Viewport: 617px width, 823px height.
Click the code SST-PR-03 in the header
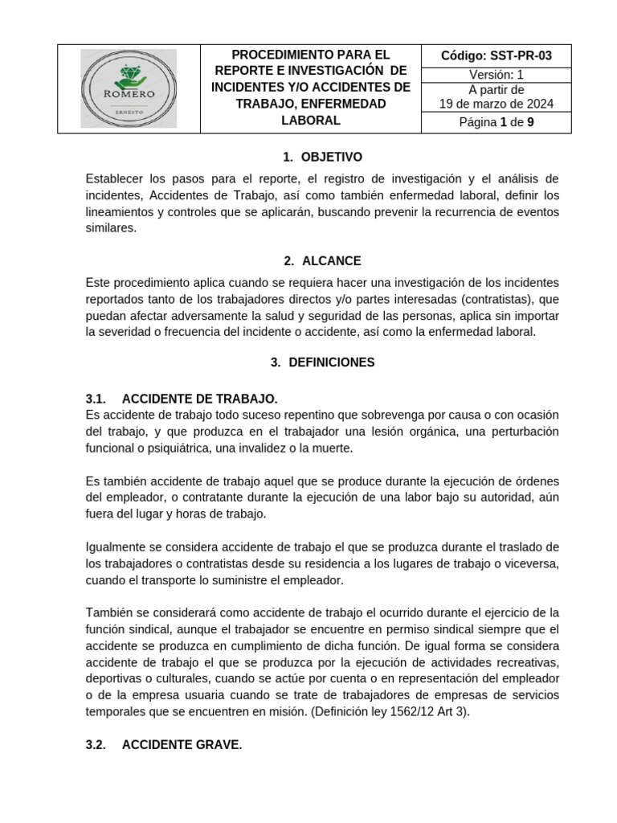tap(496, 55)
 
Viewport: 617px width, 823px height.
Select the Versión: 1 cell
tap(496, 74)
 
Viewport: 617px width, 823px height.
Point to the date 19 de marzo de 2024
tap(496, 104)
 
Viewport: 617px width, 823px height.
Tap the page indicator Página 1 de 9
tap(496, 123)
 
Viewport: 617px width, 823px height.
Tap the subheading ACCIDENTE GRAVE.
tap(182, 745)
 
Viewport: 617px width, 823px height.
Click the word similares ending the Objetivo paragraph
tap(111, 228)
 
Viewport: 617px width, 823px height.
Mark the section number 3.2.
tap(96, 745)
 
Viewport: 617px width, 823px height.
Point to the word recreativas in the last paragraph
tap(526, 661)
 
